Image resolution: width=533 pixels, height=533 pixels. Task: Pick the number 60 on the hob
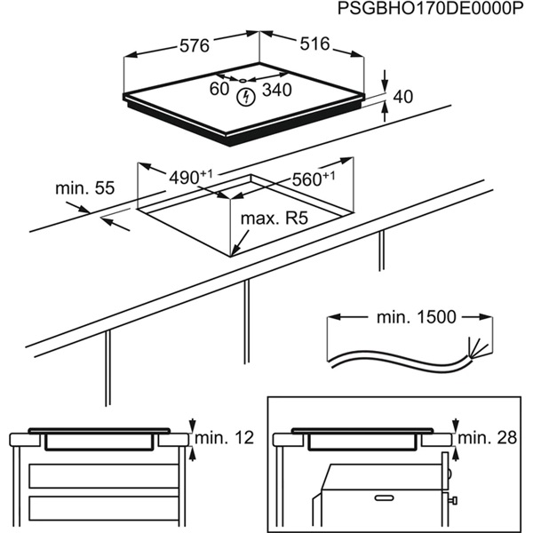click(x=219, y=90)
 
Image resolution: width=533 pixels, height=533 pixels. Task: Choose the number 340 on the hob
click(x=276, y=91)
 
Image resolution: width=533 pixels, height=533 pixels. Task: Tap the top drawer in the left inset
click(x=98, y=475)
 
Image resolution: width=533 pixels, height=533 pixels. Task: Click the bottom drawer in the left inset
click(x=98, y=508)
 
